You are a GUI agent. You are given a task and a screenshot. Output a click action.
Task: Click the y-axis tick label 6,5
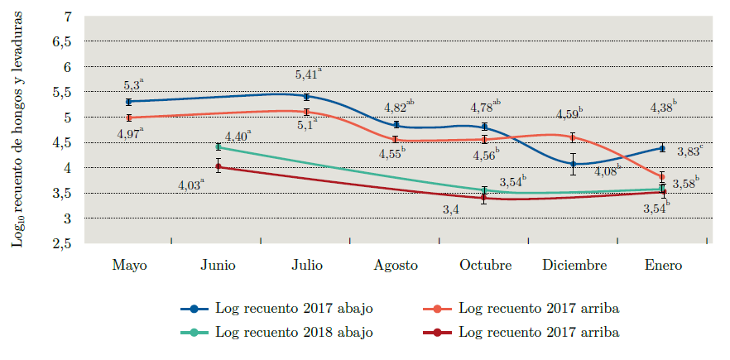pos(63,41)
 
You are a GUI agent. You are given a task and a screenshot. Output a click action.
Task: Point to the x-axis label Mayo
pos(129,266)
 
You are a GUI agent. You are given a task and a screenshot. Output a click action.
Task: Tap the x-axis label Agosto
pos(396,266)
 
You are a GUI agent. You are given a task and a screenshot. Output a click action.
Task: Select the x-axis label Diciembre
pos(574,266)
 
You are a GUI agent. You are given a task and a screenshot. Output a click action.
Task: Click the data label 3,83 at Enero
pos(690,151)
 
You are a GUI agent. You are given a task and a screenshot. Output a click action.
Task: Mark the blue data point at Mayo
pos(129,102)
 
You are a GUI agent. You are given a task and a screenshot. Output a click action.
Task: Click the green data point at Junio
pos(219,146)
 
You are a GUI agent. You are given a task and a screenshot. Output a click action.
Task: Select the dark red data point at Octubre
pos(484,198)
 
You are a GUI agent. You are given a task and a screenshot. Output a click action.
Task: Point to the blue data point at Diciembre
pos(573,164)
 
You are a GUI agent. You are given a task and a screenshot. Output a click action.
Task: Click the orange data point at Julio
pos(306,112)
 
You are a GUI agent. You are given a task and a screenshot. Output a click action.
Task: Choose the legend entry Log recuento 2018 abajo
pos(293,333)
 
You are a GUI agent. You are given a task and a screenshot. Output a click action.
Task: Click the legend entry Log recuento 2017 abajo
pos(293,308)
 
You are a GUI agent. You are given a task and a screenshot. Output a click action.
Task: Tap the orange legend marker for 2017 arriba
pos(436,308)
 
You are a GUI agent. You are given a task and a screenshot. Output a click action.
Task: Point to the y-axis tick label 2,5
pos(63,244)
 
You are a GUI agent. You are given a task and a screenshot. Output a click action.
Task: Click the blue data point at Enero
pos(662,148)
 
